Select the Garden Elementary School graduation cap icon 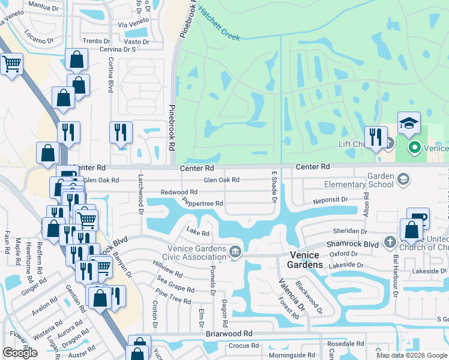403,179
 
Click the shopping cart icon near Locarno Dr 11,62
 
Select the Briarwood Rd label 229,334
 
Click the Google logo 20,352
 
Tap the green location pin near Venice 414,147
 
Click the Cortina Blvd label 110,75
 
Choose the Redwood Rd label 179,192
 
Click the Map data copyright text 411,355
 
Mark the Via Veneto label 133,25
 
